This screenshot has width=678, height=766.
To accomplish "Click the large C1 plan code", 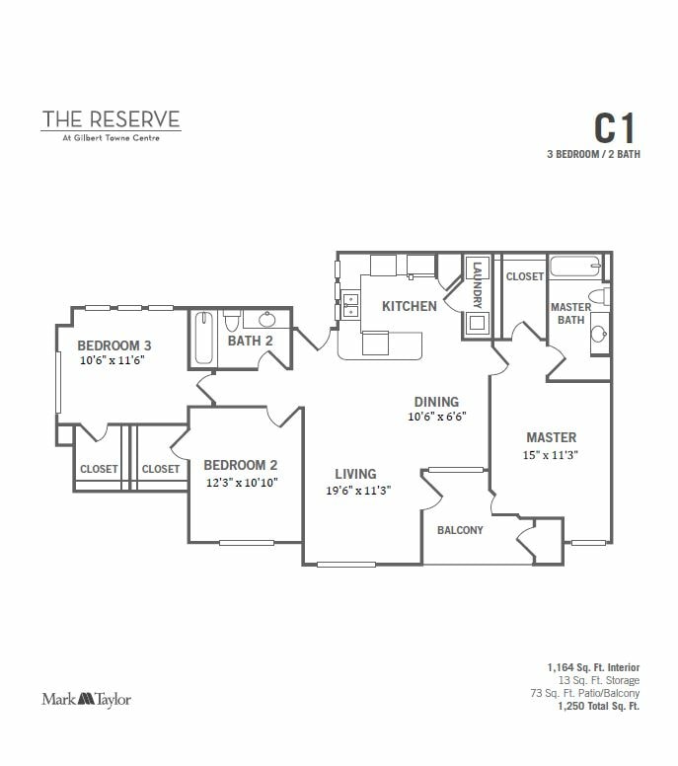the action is [614, 128].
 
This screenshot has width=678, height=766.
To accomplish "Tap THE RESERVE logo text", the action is [111, 119].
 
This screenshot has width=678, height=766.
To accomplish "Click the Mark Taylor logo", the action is [86, 699].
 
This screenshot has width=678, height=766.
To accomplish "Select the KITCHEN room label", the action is [410, 306].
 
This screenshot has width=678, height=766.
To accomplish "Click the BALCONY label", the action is [460, 530].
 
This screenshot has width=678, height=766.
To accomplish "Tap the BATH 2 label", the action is [250, 342].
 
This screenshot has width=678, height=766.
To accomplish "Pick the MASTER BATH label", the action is [569, 313].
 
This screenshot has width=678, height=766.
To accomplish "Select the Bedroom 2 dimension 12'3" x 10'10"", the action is [241, 483].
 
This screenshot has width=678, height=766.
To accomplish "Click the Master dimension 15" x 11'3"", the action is [551, 455].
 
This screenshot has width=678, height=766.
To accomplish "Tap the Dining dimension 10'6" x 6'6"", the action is [436, 417].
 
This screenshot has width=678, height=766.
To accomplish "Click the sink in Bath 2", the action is [265, 320].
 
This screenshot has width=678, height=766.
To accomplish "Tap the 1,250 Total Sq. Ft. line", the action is [599, 707].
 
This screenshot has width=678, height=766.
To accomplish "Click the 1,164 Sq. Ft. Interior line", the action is [594, 668].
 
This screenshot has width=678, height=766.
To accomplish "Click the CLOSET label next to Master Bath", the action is [524, 277].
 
